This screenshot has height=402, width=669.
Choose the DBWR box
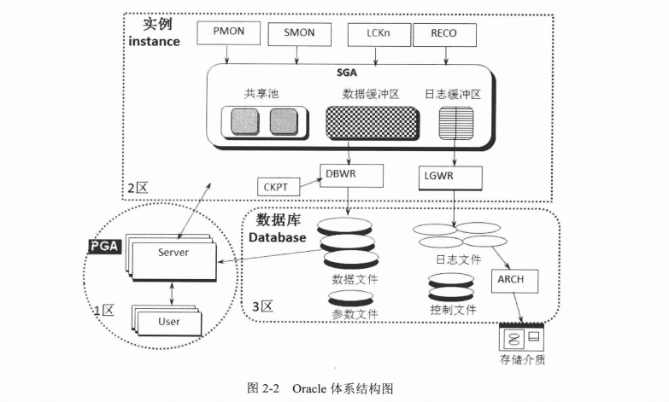pos(351,176)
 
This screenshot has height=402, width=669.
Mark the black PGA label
pos(107,247)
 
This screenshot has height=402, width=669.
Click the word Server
pos(173,253)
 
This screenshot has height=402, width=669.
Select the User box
pos(168,322)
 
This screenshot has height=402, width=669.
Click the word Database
pos(277,237)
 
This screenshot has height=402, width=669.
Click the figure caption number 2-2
pos(270,387)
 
